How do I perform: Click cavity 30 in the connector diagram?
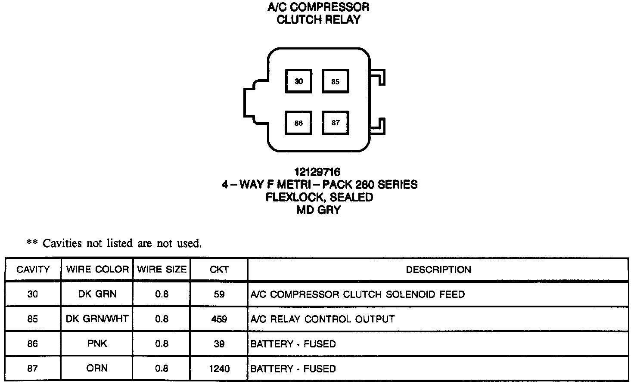[298, 81]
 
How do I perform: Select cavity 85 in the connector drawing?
[336, 81]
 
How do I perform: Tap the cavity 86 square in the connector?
[298, 123]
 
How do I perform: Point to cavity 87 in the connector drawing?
[336, 123]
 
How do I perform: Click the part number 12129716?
[319, 173]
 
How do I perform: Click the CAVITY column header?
[33, 270]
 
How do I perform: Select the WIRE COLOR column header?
[97, 270]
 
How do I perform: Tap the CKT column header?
[219, 270]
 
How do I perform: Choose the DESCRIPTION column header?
[438, 270]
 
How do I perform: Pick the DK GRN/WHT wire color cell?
[97, 319]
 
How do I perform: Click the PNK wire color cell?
[97, 344]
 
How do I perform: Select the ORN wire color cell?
[97, 369]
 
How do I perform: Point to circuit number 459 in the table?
[219, 319]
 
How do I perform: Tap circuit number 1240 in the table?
[219, 369]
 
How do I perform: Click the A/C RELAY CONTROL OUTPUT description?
[323, 319]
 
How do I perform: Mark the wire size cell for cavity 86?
[162, 344]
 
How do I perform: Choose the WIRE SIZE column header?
[162, 270]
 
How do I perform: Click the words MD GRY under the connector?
[319, 210]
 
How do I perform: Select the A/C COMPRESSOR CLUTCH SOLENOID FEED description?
[357, 294]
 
